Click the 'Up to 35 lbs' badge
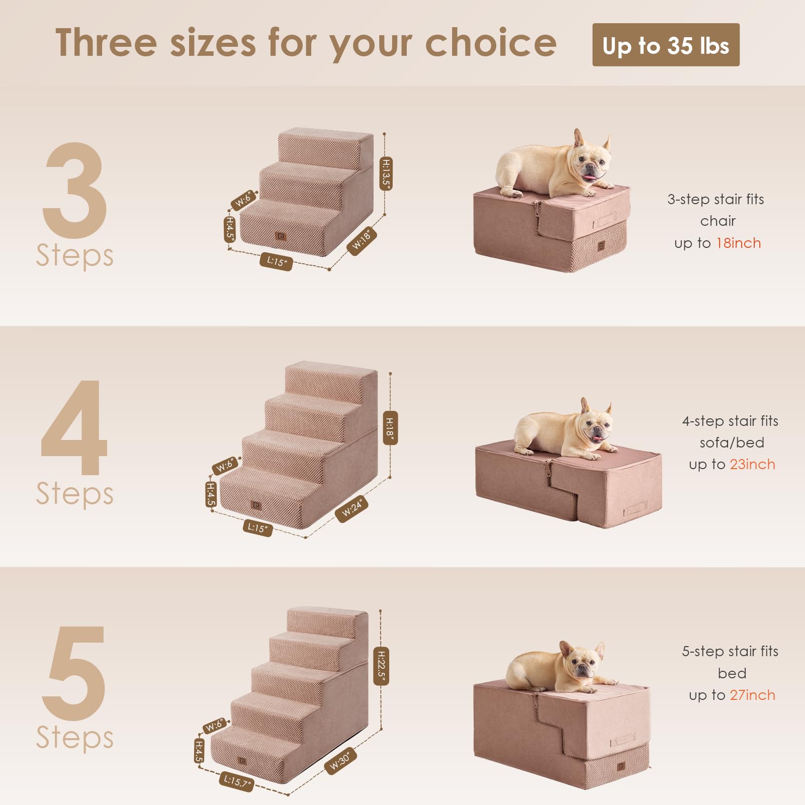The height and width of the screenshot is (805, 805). (x=665, y=45)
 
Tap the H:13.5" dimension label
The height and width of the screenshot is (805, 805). (x=386, y=173)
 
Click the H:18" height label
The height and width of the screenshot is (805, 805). (x=390, y=427)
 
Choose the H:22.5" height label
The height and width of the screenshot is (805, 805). (x=381, y=666)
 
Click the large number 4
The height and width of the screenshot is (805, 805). (x=74, y=427)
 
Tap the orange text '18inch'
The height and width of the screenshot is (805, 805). (x=738, y=243)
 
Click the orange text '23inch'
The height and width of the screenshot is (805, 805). (x=752, y=464)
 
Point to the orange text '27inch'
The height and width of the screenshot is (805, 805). (x=752, y=695)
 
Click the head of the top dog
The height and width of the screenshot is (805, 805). (x=591, y=161)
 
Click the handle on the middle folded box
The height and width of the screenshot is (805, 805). (x=635, y=511)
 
